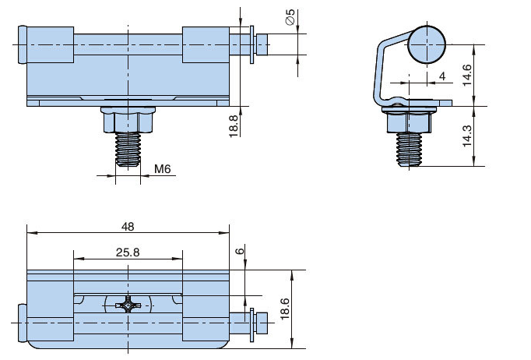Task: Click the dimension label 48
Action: (128, 227)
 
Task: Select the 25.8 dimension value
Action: (128, 252)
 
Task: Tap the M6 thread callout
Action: (163, 168)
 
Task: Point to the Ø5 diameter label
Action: (290, 17)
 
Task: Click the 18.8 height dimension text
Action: (234, 126)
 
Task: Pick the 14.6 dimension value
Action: (466, 76)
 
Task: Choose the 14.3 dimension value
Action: (466, 136)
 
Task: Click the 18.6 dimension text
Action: (285, 309)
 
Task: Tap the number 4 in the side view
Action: (442, 76)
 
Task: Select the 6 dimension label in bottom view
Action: (240, 251)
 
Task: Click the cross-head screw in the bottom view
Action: (128, 305)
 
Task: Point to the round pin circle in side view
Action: (427, 44)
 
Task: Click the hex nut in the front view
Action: (128, 120)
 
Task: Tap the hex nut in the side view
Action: (410, 120)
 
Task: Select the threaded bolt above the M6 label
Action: (128, 150)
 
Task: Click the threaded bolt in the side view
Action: (409, 150)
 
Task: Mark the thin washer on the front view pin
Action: (252, 44)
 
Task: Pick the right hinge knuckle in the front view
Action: (206, 44)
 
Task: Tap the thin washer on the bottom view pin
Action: (252, 325)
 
